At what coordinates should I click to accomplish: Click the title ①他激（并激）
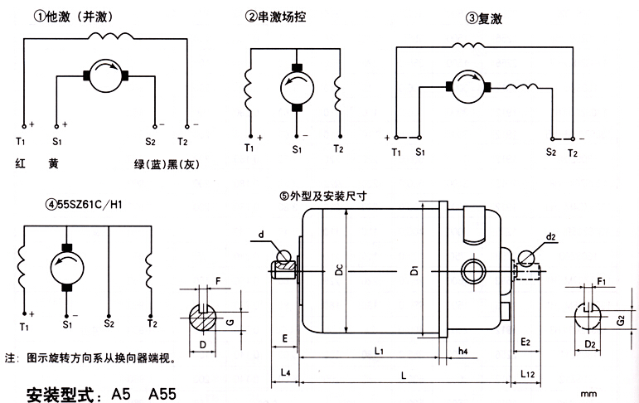pos(74,17)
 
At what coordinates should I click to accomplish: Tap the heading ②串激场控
pos(275,17)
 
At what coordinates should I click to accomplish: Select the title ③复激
pos(484,18)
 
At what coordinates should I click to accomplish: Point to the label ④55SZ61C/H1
pos(83,204)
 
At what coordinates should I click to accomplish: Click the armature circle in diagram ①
pos(105,75)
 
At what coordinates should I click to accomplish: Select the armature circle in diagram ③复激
pos(468,86)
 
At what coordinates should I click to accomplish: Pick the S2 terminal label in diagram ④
pos(109,324)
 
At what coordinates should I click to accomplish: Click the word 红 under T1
pos(21,163)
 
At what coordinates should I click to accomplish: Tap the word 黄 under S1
pos(53,163)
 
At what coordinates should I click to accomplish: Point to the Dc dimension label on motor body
pos(339,269)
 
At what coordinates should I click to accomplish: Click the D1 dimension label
pos(414,270)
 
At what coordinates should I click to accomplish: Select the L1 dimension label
pos(379,351)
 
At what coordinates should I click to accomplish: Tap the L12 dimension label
pos(527,374)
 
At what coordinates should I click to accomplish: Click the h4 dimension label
pos(462,351)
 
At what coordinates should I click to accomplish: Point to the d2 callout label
pos(550,236)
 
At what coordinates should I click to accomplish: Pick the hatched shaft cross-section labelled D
pos(203,318)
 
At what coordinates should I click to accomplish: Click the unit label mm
pos(588,394)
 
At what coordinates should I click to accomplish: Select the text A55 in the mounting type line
pos(162,394)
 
